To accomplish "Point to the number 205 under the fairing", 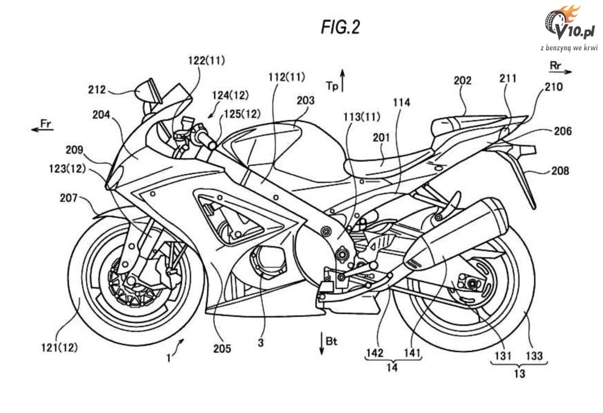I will point(222,348).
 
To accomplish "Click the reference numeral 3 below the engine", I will point(260,343).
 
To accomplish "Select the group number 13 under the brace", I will point(518,373).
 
